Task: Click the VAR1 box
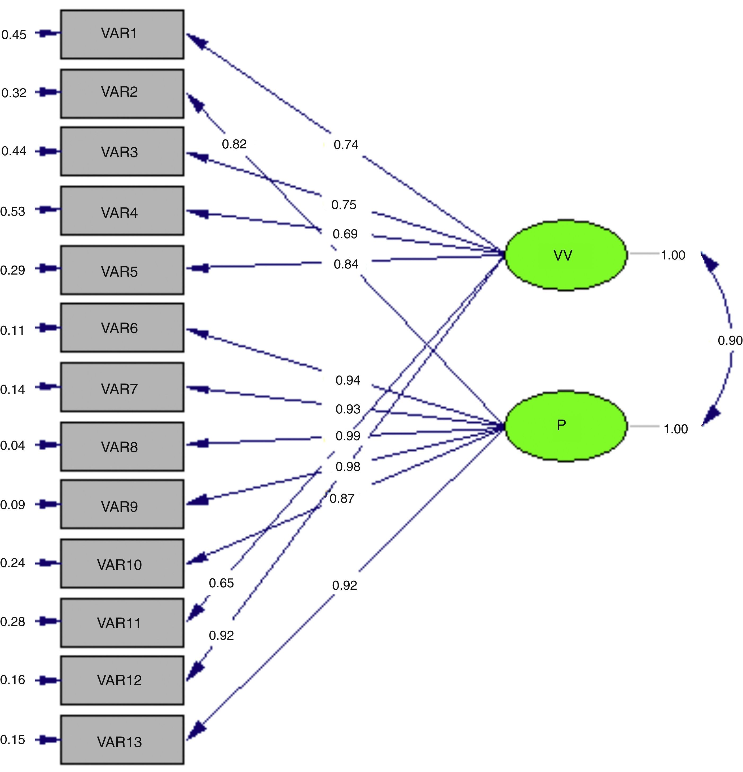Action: pos(122,34)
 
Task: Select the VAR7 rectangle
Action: pos(122,387)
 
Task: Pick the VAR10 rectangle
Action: pos(122,564)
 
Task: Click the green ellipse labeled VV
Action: pos(566,255)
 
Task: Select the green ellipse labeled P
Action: pos(566,426)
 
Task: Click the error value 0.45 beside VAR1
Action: pos(14,35)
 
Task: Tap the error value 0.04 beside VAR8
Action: pos(13,445)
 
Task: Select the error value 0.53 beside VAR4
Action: pos(13,211)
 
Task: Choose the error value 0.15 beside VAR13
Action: pos(13,740)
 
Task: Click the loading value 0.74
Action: pos(346,144)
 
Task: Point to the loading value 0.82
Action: pos(234,144)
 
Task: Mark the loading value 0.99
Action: pos(348,436)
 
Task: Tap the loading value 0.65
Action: pos(221,583)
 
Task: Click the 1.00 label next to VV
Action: pos(673,255)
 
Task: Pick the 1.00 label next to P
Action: pos(676,429)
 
